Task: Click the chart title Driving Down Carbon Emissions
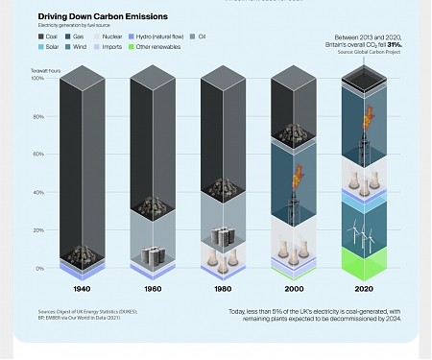103,16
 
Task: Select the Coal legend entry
54,36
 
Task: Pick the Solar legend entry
55,45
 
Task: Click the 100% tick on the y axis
38,79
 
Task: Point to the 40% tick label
39,192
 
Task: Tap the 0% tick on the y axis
40,268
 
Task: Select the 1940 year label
84,288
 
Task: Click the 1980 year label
224,288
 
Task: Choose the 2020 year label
364,288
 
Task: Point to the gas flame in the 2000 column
296,176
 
